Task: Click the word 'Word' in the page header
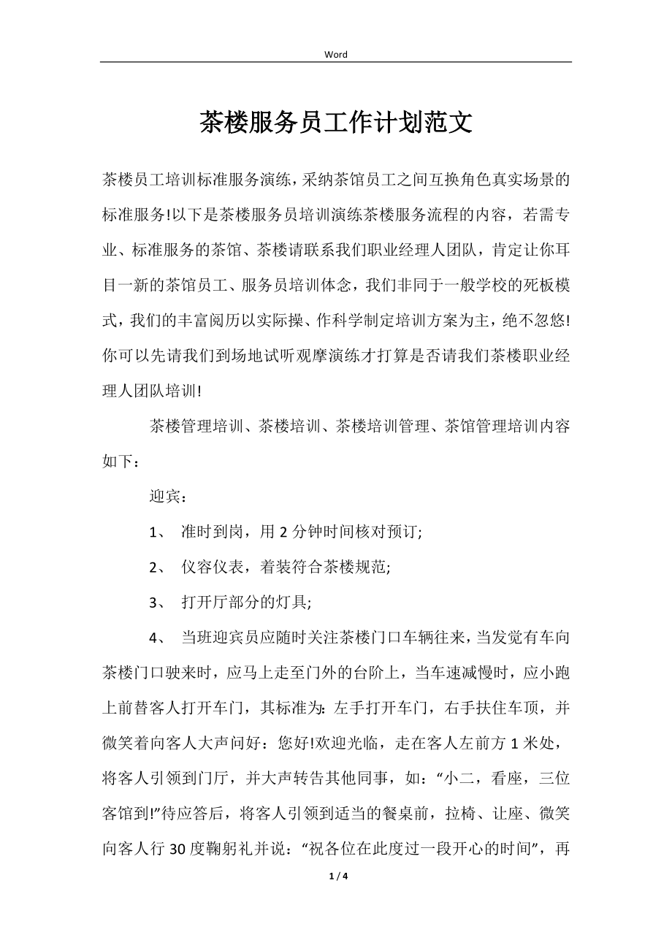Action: (336, 55)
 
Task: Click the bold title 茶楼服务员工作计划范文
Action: (336, 123)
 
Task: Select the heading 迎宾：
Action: (169, 497)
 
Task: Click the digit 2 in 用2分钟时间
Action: (284, 532)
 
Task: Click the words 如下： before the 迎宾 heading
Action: (118, 462)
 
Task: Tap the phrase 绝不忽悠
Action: (534, 321)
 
